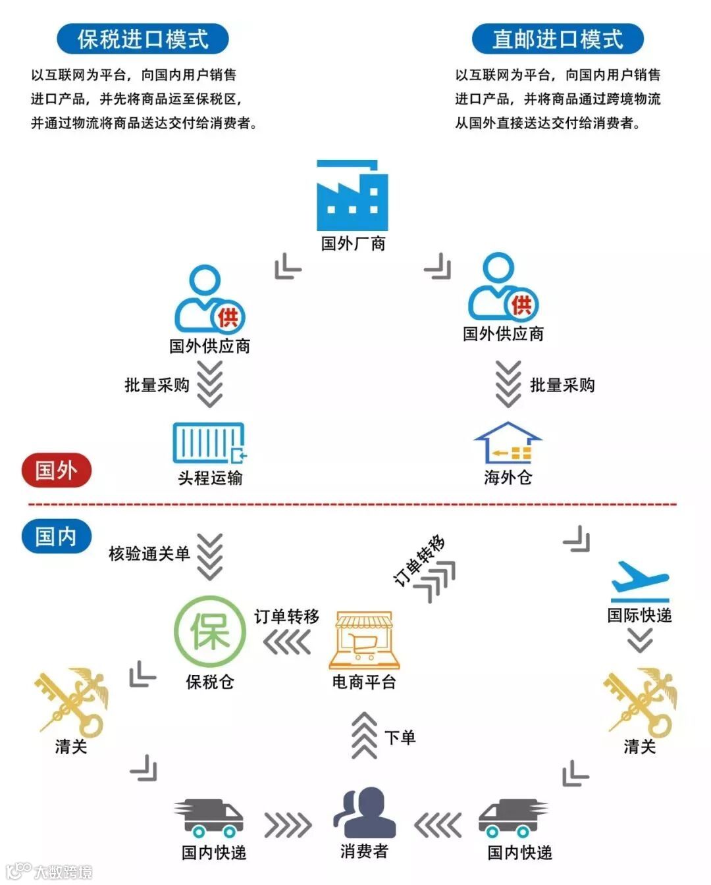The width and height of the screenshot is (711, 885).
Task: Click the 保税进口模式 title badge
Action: (142, 39)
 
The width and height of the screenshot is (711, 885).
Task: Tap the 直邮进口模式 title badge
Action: (557, 39)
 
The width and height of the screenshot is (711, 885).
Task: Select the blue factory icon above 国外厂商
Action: (352, 195)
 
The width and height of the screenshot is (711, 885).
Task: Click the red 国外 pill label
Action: (56, 470)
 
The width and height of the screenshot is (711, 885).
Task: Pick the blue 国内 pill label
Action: (56, 536)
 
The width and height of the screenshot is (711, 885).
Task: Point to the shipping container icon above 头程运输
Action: (209, 443)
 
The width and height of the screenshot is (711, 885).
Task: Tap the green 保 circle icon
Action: (209, 632)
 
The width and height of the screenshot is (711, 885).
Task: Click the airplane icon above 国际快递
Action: (639, 581)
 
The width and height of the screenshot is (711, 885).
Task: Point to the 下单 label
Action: (400, 737)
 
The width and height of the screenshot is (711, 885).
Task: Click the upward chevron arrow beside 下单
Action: (364, 736)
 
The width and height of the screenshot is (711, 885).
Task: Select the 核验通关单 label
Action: (149, 553)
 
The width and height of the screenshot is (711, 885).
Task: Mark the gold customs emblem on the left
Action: (71, 701)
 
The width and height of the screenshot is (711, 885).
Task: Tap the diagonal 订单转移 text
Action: (419, 560)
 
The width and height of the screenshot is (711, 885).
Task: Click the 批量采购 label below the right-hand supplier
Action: (562, 385)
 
